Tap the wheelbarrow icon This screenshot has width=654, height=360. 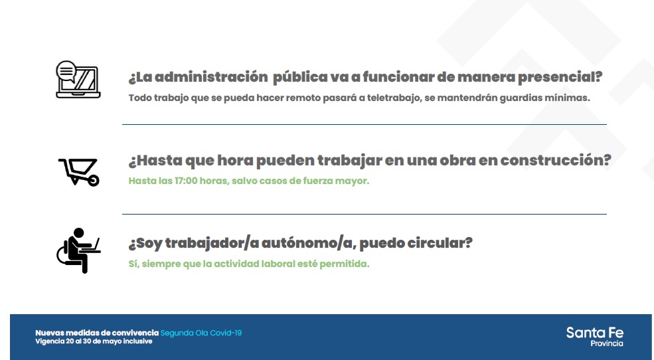point(79,171)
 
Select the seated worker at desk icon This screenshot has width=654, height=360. point(78,250)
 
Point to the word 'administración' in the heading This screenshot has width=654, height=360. point(211,77)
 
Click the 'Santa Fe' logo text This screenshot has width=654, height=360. point(595,333)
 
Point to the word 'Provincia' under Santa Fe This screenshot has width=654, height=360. point(607,343)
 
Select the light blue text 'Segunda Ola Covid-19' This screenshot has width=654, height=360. point(201,333)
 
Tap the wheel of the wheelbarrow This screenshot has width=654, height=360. point(94,180)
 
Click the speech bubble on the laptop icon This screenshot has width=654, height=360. point(66,71)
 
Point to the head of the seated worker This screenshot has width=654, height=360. point(78,233)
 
